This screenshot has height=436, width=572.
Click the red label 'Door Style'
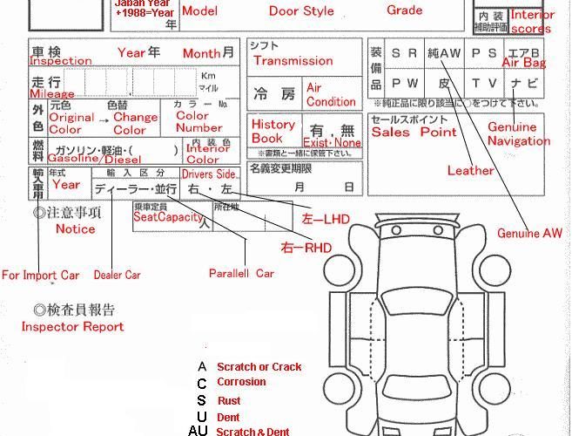(x=301, y=11)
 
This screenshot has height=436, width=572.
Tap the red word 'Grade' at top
(x=404, y=10)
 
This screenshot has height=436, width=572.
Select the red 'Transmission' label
(x=293, y=61)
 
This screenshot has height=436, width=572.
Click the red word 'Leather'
(x=470, y=171)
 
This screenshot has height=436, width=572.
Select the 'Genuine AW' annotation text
(x=529, y=234)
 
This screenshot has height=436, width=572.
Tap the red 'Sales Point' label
(x=414, y=133)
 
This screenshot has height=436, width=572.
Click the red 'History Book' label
(x=273, y=131)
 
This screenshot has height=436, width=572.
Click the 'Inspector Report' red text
(x=72, y=327)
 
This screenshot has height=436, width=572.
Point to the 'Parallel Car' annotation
(x=241, y=273)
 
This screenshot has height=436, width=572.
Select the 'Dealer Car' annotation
(x=118, y=275)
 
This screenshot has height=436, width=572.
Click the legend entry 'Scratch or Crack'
(x=259, y=367)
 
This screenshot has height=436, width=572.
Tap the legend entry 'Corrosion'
(x=241, y=383)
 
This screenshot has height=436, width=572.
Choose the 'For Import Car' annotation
(x=40, y=276)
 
